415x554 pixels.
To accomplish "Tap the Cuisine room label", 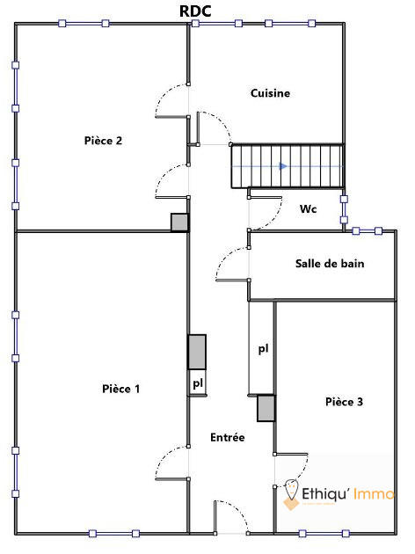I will (x=270, y=93).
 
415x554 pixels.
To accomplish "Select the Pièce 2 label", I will (x=103, y=141).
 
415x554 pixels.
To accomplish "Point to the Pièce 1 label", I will (x=120, y=389).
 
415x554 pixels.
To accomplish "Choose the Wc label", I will (x=308, y=209).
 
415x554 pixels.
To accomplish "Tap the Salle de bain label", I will (x=329, y=264).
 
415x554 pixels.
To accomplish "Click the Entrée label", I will (x=228, y=437).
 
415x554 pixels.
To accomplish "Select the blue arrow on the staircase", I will (x=283, y=165).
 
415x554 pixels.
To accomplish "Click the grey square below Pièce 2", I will (x=179, y=222).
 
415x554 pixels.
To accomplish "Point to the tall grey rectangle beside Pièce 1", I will (x=197, y=352).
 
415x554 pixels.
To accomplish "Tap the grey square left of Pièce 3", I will (x=266, y=408).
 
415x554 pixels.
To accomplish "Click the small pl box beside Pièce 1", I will (x=198, y=384).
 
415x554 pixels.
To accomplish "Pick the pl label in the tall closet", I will (x=263, y=349).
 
